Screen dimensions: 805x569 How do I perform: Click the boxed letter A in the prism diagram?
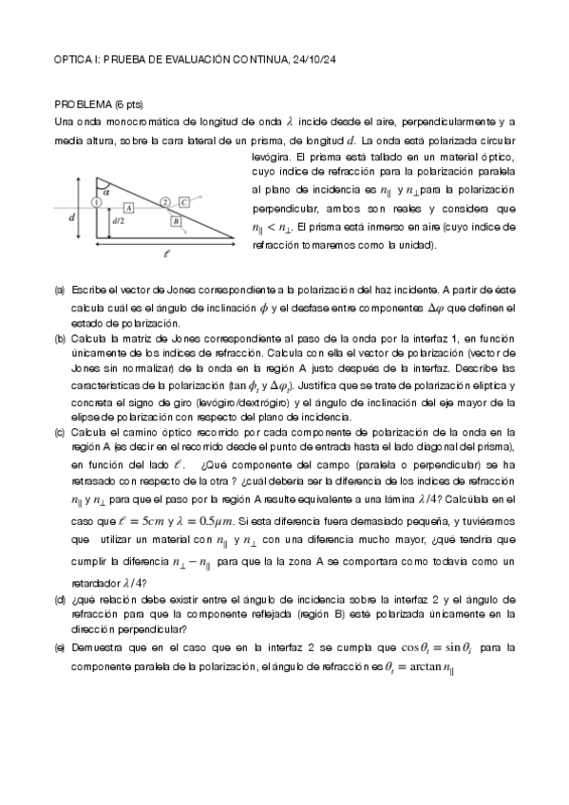pyautogui.click(x=128, y=206)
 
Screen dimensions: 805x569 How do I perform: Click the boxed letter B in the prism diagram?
pyautogui.click(x=175, y=221)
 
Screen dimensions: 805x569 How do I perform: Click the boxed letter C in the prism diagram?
pyautogui.click(x=184, y=202)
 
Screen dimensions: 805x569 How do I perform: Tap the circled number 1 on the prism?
pyautogui.click(x=97, y=202)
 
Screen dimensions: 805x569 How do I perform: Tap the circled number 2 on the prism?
pyautogui.click(x=165, y=202)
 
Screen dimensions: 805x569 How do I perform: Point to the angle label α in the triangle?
pyautogui.click(x=106, y=190)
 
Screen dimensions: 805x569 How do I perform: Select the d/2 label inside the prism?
pyautogui.click(x=119, y=221)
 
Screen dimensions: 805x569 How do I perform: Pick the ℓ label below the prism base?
pyautogui.click(x=167, y=253)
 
